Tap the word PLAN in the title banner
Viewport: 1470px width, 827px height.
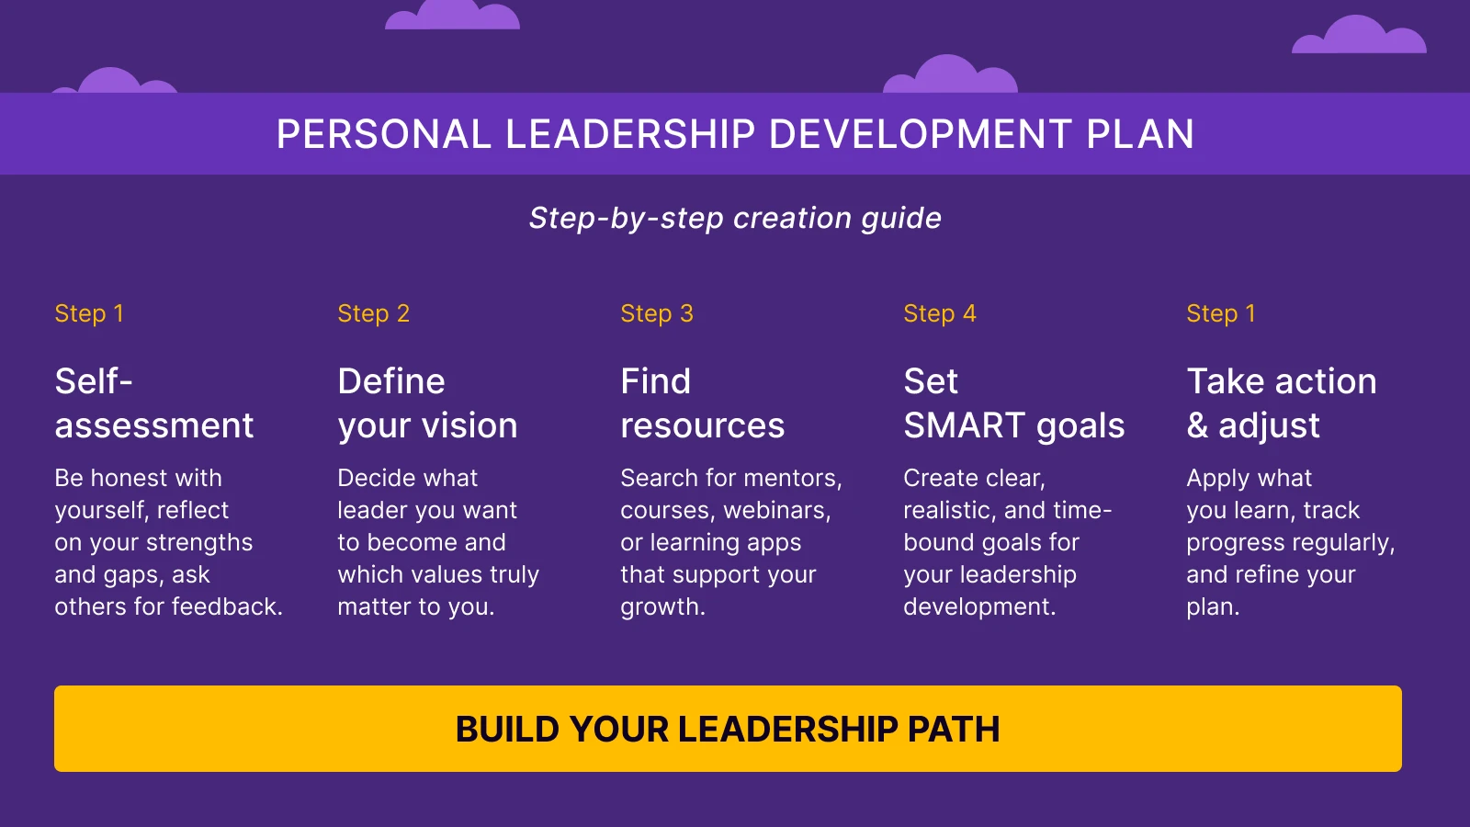tap(1139, 135)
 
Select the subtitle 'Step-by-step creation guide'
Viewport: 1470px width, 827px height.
tap(735, 219)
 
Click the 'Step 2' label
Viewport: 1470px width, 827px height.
tap(373, 313)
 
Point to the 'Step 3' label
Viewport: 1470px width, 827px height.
tap(656, 313)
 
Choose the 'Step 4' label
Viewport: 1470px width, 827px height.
tap(939, 313)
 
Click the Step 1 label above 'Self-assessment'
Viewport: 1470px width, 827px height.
tap(89, 313)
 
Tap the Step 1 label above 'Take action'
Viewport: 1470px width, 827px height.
tap(1220, 313)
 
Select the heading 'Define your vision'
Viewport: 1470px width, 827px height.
tap(427, 403)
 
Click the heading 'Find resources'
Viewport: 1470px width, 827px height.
tap(702, 403)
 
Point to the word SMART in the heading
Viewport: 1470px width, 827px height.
tap(965, 426)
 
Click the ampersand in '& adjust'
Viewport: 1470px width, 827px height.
tap(1197, 426)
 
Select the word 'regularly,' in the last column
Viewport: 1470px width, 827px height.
tap(1344, 542)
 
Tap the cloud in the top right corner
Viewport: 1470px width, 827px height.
tap(1359, 37)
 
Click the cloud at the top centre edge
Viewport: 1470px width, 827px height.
tap(452, 16)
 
